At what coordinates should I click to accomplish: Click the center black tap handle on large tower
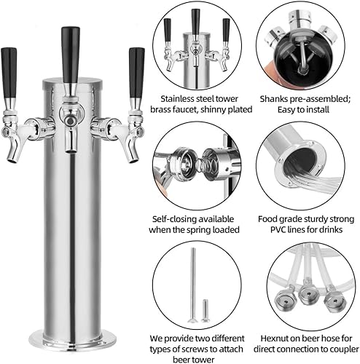point(71,47)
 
